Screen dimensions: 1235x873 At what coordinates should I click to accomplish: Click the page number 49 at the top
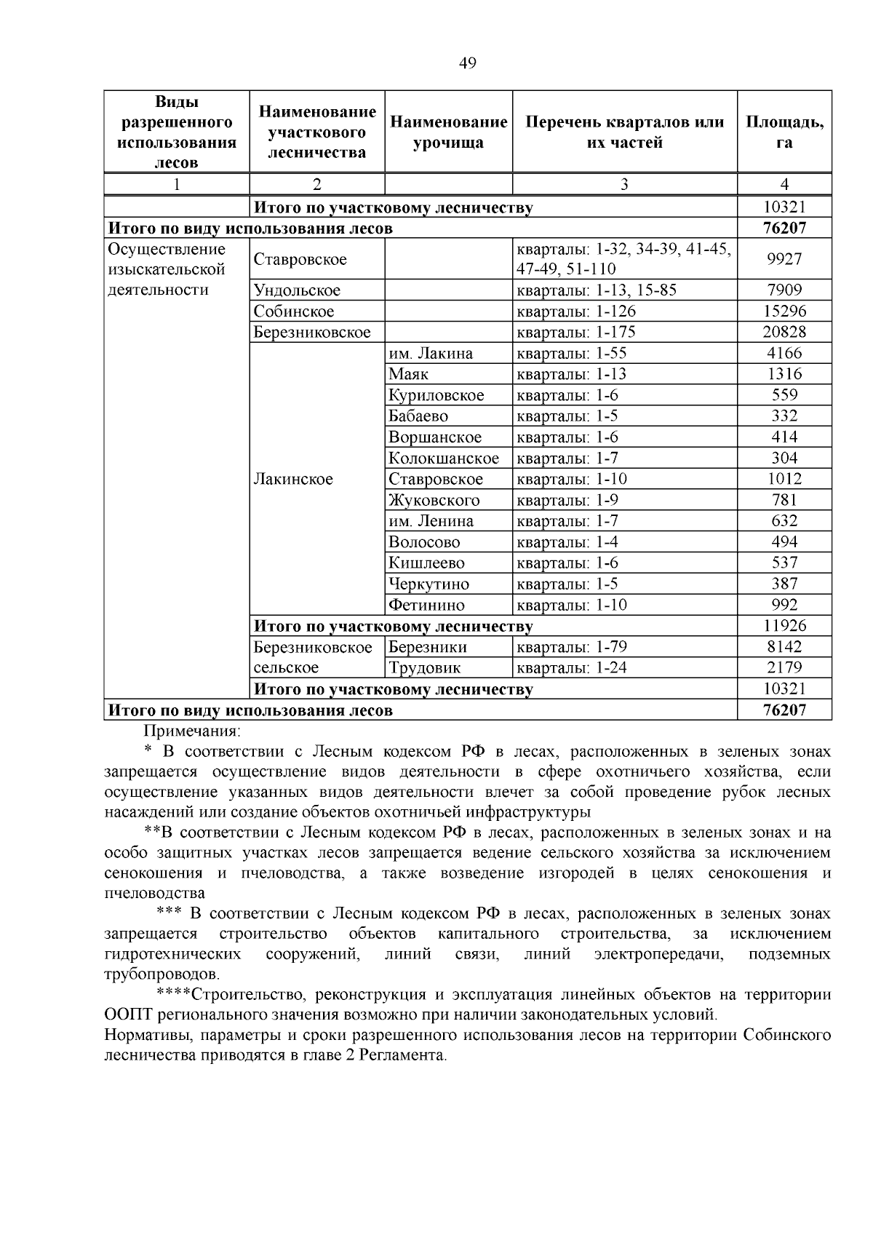coord(468,64)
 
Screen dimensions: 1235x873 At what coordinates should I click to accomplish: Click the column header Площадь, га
coord(784,132)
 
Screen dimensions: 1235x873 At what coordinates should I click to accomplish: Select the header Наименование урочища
coord(448,132)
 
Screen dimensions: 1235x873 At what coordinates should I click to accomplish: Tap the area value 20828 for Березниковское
coord(784,333)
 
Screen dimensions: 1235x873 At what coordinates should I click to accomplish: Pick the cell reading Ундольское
coord(297,290)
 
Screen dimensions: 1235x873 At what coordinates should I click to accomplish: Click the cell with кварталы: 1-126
coord(575,311)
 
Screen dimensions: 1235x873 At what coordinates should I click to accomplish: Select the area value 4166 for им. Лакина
coord(784,354)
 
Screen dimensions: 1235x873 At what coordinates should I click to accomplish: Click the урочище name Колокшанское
coord(444,458)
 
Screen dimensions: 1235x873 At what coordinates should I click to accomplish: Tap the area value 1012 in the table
coord(784,480)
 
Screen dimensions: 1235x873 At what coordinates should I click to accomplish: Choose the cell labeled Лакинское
coord(293,480)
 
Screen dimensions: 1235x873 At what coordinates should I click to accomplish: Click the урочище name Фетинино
coord(426,605)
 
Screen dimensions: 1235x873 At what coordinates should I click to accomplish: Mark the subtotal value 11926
coord(784,626)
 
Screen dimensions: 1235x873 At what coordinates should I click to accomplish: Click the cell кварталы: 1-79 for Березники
coord(571,648)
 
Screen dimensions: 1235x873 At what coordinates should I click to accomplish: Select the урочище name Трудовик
coord(425,668)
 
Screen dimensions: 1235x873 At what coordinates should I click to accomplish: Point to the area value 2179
coord(784,668)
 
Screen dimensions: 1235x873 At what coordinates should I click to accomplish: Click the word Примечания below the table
coord(192,731)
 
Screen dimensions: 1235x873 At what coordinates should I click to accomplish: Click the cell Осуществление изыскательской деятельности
coord(167,270)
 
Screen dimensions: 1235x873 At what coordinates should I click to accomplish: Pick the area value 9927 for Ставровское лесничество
coord(784,260)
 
